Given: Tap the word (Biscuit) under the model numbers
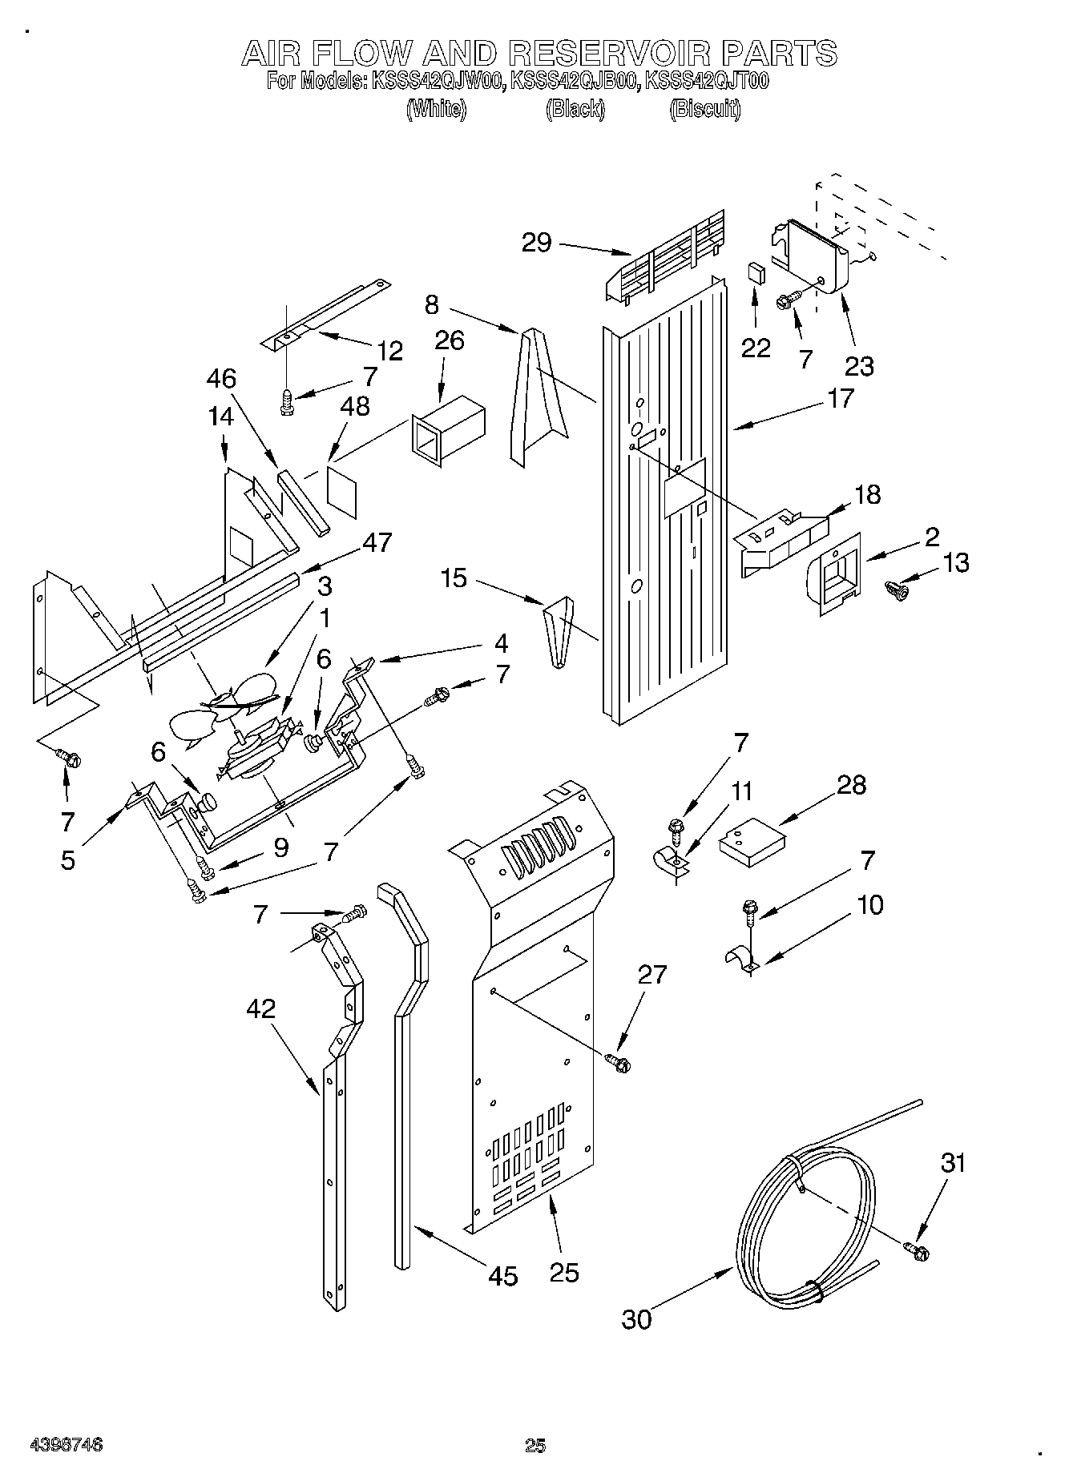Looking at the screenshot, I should click(x=705, y=110).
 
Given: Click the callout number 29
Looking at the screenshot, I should click(x=536, y=242).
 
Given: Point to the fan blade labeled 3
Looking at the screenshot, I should click(x=240, y=695).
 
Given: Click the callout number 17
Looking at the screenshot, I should click(x=841, y=398).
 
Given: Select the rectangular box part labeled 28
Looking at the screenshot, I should click(x=752, y=847).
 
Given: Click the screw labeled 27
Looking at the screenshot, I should click(x=619, y=1062).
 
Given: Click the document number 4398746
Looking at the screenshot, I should click(x=66, y=1445).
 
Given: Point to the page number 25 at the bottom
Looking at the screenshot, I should click(x=535, y=1445).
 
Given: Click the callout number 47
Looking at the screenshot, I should click(x=377, y=542).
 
